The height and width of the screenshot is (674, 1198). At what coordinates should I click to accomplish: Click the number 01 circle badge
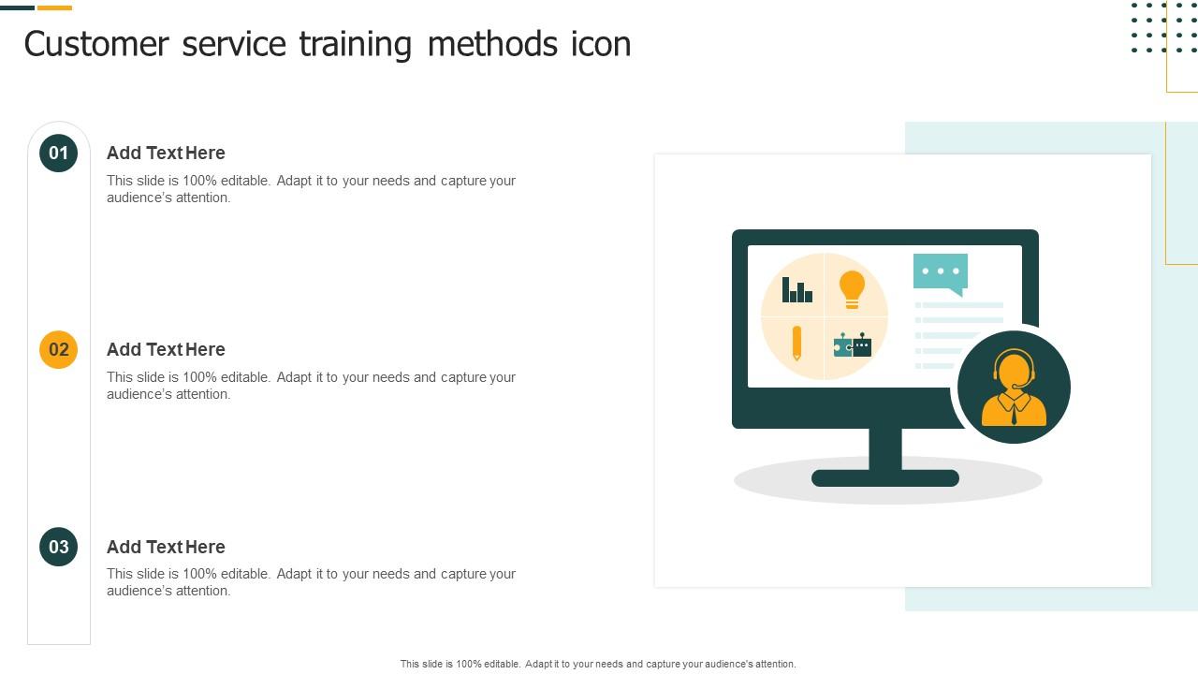(x=58, y=153)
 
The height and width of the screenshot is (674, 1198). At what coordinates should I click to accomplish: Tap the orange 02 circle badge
(x=58, y=349)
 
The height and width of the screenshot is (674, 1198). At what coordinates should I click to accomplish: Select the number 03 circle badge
(x=58, y=547)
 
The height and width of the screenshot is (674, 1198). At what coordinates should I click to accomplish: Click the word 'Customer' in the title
(x=96, y=44)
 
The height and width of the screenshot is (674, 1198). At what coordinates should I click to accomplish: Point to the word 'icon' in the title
(x=601, y=44)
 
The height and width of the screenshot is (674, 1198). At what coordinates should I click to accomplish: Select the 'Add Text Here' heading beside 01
(x=166, y=153)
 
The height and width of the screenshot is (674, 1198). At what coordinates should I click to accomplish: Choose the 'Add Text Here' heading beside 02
(x=166, y=349)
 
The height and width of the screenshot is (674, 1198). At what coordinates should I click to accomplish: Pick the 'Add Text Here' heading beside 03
(x=166, y=547)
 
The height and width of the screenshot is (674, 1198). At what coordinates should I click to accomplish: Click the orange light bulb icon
(x=852, y=288)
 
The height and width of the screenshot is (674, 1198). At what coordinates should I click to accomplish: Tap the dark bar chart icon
(x=797, y=290)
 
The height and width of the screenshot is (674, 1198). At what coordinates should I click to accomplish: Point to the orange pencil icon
(x=796, y=343)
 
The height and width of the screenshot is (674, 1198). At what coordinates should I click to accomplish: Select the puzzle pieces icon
(x=853, y=345)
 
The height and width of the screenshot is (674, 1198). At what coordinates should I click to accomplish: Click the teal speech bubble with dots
(x=941, y=272)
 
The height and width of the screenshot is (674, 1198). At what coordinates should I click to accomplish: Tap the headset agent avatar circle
(x=1014, y=387)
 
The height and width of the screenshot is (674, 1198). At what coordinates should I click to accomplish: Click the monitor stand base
(x=884, y=478)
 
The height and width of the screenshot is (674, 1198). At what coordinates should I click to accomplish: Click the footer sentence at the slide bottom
(x=598, y=664)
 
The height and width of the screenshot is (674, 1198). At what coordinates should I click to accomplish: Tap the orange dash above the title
(x=54, y=7)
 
